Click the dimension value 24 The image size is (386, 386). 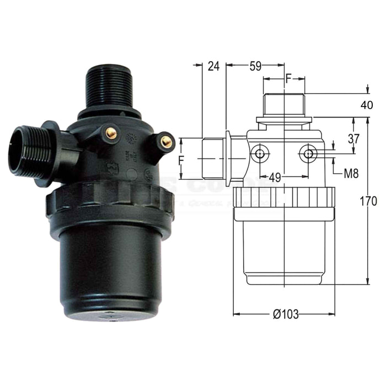(x=214, y=67)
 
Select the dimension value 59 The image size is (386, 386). (x=255, y=67)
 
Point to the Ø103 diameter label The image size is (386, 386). (x=286, y=314)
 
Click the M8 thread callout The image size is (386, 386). (x=351, y=174)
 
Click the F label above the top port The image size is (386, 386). (x=287, y=79)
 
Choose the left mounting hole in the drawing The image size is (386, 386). (x=258, y=154)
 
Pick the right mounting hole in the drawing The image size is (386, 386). (x=308, y=154)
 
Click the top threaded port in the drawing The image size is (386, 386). (x=284, y=105)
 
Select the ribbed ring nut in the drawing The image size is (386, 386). (x=284, y=197)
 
